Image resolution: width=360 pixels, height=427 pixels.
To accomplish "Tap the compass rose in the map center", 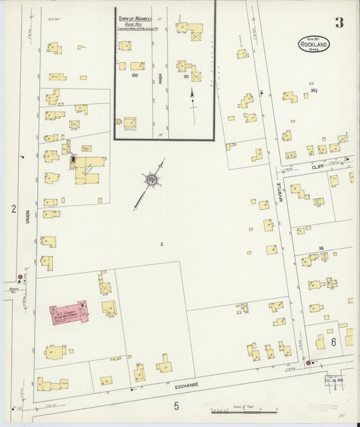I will [152, 180].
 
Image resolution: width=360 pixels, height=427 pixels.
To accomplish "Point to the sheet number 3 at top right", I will [338, 22].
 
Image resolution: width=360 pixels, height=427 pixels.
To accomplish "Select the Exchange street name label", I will [187, 384].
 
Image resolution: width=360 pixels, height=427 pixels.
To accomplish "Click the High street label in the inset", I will [161, 78].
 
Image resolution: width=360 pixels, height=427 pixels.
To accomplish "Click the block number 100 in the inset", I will [134, 76].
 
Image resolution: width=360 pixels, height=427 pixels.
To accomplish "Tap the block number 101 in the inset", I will [186, 76].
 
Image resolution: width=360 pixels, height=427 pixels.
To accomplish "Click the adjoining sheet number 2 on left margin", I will [13, 210].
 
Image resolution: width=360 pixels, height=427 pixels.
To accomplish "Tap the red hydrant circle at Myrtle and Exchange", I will [309, 363].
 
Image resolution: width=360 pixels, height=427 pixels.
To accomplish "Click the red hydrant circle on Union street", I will [20, 276].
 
